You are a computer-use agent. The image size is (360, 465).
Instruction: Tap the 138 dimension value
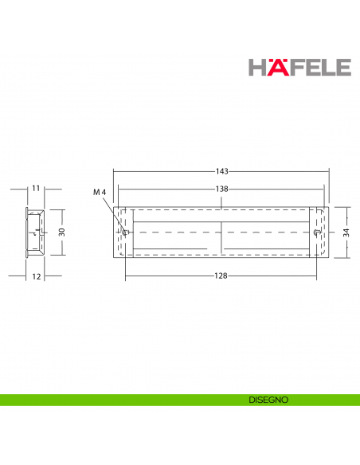(222, 189)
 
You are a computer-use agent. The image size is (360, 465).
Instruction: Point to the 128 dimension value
(222, 275)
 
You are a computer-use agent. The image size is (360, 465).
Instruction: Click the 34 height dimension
(346, 232)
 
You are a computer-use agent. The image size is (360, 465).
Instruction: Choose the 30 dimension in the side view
(61, 232)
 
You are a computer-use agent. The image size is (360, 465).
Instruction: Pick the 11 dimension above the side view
(36, 189)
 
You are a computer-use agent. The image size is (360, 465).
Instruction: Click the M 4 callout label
(99, 193)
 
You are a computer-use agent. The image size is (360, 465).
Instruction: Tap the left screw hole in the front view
(126, 232)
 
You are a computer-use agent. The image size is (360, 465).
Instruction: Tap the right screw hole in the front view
(318, 232)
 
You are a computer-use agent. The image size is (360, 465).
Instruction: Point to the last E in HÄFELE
(343, 67)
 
